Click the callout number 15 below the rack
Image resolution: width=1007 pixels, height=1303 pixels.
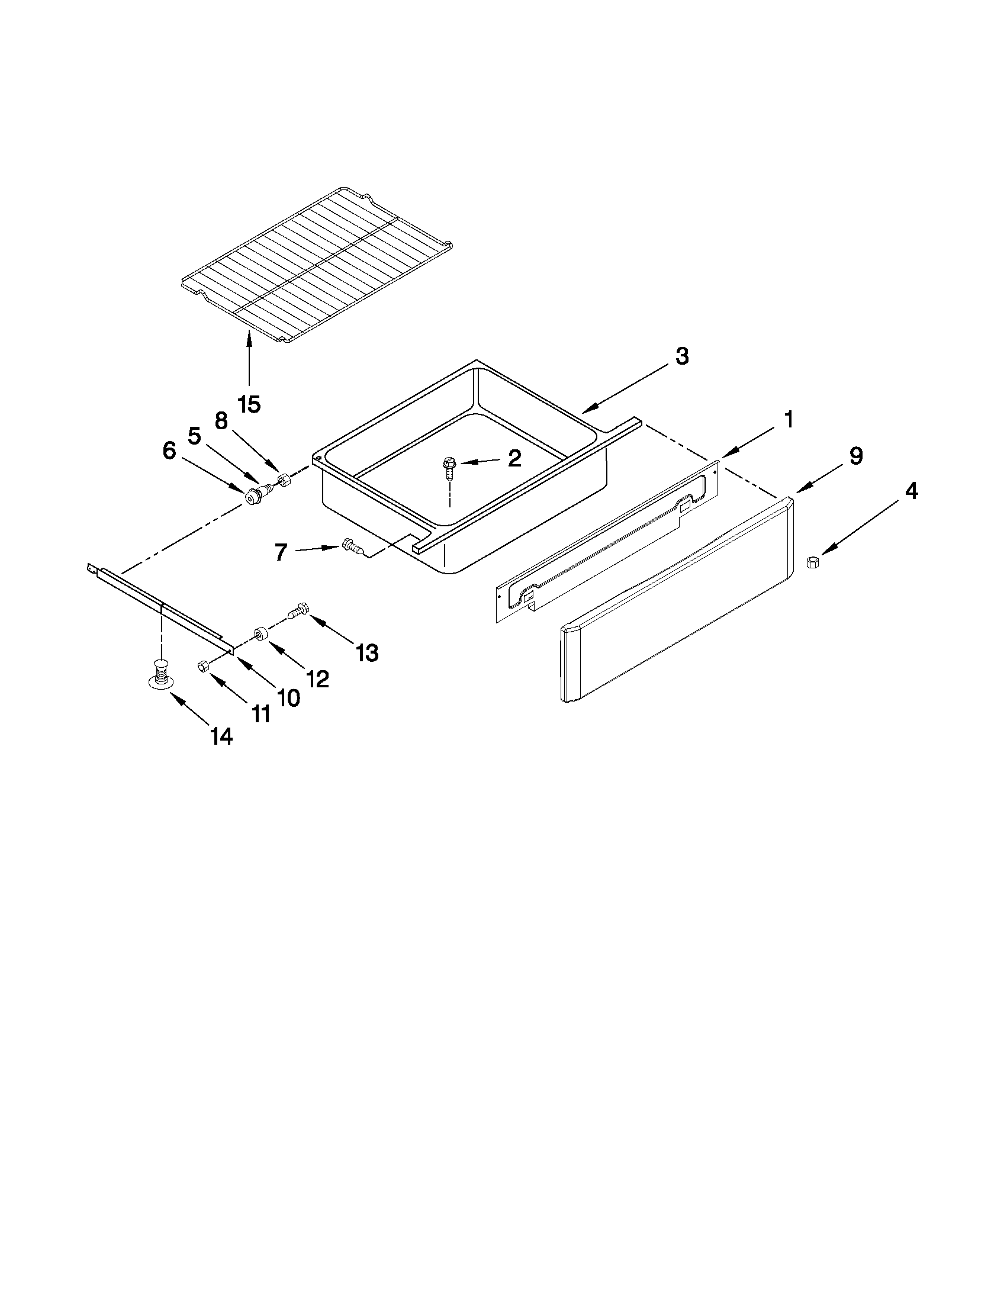tap(249, 404)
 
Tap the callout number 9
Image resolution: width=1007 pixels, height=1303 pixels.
tap(855, 456)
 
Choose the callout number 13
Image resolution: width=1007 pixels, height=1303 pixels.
tap(367, 653)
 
